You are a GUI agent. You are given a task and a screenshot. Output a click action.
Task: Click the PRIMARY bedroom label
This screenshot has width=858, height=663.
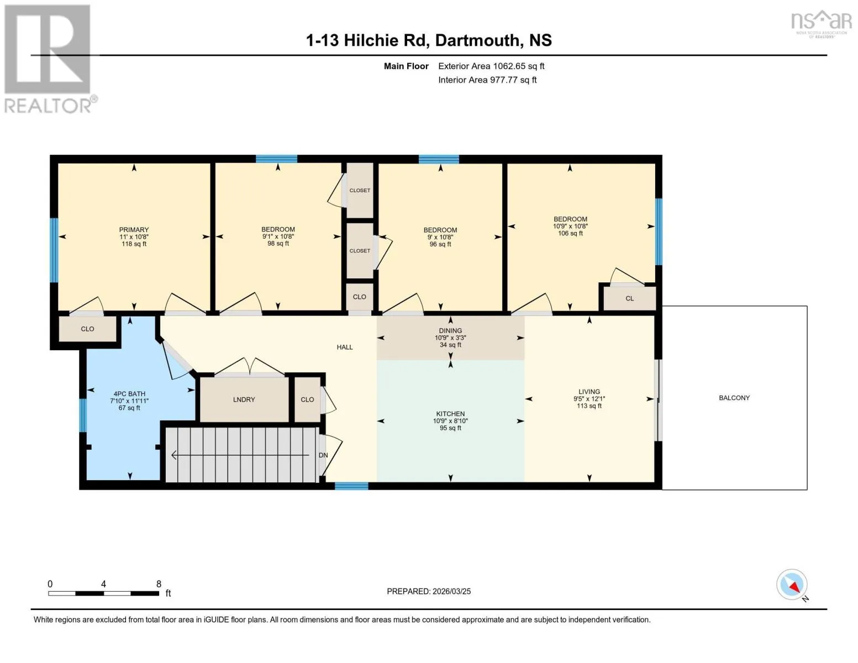pos(134,230)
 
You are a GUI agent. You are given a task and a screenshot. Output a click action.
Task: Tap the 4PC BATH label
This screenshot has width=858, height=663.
pos(129,394)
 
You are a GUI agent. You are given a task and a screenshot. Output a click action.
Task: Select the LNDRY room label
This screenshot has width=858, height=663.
pos(244,399)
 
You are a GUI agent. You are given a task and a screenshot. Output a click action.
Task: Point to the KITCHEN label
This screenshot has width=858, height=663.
pos(450,414)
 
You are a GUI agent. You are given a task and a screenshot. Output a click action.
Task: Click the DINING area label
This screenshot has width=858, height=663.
pos(450,330)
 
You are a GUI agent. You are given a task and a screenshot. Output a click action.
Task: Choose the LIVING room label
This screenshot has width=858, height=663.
pos(589,392)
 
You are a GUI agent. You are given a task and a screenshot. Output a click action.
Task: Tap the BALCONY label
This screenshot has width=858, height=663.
pos(734,398)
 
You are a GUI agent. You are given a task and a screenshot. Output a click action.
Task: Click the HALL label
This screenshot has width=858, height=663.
pos(345,347)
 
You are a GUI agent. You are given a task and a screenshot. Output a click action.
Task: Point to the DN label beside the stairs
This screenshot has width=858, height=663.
pos(323,455)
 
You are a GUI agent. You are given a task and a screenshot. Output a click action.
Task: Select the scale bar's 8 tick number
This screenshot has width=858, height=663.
pos(159,584)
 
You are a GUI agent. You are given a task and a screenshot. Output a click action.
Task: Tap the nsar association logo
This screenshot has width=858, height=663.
pos(822,24)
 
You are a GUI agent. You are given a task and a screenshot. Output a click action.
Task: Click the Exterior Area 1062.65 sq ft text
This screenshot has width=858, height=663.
pos(491,66)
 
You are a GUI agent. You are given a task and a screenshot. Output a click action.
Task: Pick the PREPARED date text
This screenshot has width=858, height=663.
pos(429,591)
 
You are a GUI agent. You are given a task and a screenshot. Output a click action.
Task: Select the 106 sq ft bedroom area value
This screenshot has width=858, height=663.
pos(570,233)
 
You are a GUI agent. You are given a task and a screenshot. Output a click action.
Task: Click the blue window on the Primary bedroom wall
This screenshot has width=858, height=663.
pos(54,250)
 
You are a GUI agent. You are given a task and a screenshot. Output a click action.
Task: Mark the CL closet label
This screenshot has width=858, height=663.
pos(630,298)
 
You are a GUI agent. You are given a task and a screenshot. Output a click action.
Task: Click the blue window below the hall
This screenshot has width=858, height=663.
pos(351,486)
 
